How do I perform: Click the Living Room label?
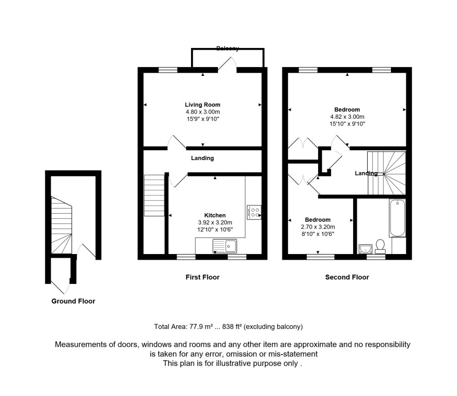202,105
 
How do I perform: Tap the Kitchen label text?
215,215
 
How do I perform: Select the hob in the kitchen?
254,212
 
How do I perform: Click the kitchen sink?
225,246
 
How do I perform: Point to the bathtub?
397,218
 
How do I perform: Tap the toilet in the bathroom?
380,246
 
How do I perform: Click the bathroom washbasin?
365,249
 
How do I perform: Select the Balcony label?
228,49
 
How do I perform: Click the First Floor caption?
202,277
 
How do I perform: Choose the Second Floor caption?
347,277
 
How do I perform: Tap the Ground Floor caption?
73,301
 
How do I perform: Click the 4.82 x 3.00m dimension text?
347,117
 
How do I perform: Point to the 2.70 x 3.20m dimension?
318,227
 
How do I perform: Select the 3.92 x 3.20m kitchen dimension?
215,223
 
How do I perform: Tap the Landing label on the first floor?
202,158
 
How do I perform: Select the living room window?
168,70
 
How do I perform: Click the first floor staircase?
154,195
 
